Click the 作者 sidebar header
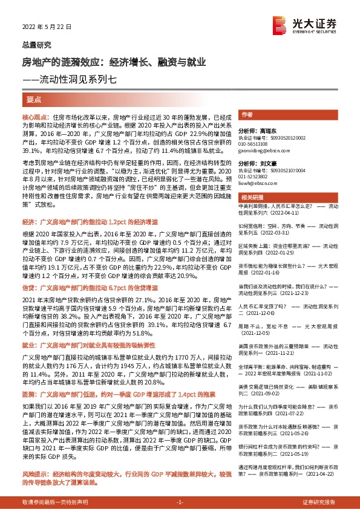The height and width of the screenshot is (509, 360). [247, 114]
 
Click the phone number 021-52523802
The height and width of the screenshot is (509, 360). [256, 177]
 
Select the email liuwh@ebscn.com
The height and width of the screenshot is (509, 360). [257, 183]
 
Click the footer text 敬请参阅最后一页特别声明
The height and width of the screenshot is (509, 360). [55, 502]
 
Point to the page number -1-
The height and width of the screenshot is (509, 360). [180, 502]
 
